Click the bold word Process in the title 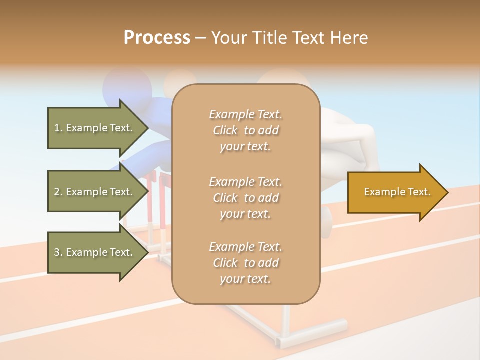[x=157, y=38]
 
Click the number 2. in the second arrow [x=58, y=192]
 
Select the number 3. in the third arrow [x=58, y=252]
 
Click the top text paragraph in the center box [x=245, y=130]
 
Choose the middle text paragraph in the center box [x=245, y=198]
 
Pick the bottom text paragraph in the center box [x=245, y=263]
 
